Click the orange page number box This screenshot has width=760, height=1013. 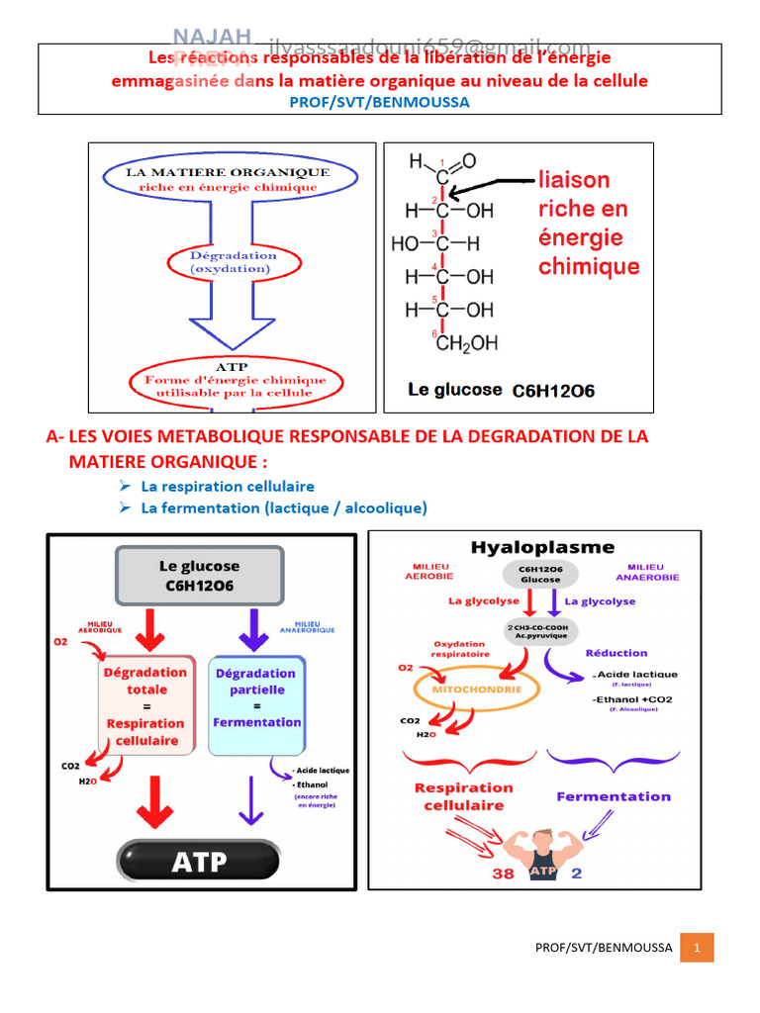pos(697,948)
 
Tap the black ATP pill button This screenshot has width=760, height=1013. pos(200,862)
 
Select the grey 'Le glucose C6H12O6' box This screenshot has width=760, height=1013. pos(199,576)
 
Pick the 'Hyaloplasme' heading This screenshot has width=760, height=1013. pos(541,547)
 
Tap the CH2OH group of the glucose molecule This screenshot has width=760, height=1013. pos(466,343)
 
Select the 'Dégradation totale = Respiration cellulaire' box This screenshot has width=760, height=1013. pos(146,705)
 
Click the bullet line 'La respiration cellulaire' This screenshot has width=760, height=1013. pos(228,487)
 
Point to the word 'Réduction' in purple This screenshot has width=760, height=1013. pos(617,653)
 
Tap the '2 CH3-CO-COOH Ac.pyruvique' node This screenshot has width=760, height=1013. pos(541,631)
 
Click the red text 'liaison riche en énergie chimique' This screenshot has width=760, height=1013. pos(589,224)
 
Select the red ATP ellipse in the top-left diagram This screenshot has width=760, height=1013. pos(236,380)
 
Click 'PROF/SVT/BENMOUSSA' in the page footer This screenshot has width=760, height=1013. pos(604,948)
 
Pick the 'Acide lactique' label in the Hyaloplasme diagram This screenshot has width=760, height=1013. pos(636,675)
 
